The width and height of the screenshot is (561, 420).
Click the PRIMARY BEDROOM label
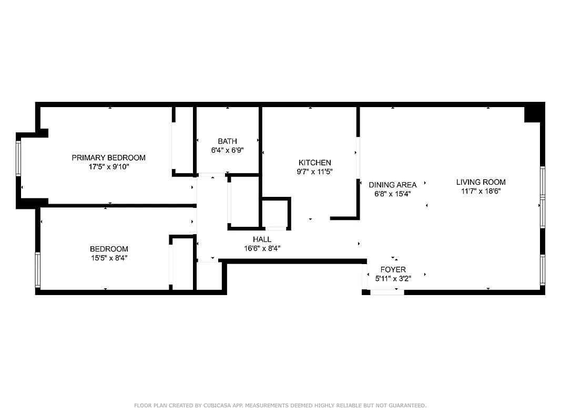(x=108, y=157)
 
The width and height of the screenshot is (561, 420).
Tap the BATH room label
(x=227, y=141)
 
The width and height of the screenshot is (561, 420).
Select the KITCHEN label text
(x=314, y=163)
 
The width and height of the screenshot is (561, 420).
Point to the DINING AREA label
(x=392, y=185)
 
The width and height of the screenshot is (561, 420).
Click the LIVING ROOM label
(x=481, y=182)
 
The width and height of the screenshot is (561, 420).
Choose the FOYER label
(x=393, y=270)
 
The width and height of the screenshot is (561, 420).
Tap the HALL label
(x=262, y=239)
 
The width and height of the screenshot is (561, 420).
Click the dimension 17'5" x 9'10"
(x=108, y=167)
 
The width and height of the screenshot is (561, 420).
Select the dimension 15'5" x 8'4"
(x=108, y=258)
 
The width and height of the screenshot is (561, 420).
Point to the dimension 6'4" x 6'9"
(x=227, y=150)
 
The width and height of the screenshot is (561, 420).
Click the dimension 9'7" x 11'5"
(x=314, y=172)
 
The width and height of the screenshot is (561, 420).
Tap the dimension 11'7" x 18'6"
(x=481, y=191)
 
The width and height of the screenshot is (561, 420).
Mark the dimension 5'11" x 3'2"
(x=393, y=279)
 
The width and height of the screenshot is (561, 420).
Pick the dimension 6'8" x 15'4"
(x=392, y=194)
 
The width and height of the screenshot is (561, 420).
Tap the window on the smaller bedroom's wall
(x=37, y=270)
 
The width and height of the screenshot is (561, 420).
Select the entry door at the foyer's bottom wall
(x=387, y=292)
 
